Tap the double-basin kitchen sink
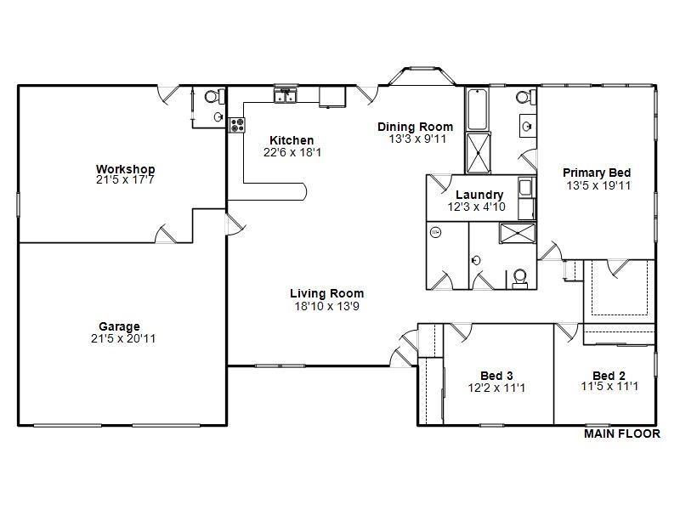point(285,93)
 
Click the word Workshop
point(125,169)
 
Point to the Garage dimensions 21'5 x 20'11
point(119,338)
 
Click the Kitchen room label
point(292,140)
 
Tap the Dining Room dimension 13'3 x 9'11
point(416,139)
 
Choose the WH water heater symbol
point(436,232)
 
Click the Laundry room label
point(479,195)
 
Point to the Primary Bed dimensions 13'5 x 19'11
point(597,184)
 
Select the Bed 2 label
point(609,376)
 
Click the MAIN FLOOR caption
point(621,433)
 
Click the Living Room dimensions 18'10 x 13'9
point(326,305)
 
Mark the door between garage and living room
point(231,223)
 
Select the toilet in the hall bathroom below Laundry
point(520,277)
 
